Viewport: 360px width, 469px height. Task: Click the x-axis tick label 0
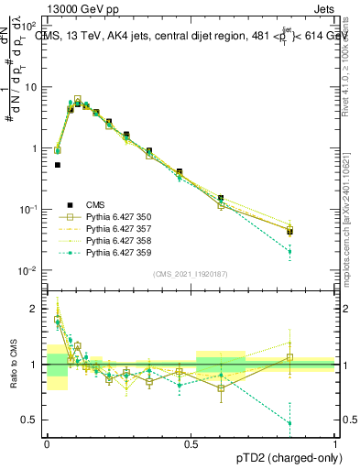pyautogui.click(x=47, y=443)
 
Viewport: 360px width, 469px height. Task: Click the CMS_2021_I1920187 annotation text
pyautogui.click(x=191, y=274)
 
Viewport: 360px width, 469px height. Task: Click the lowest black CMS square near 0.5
pyautogui.click(x=58, y=165)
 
